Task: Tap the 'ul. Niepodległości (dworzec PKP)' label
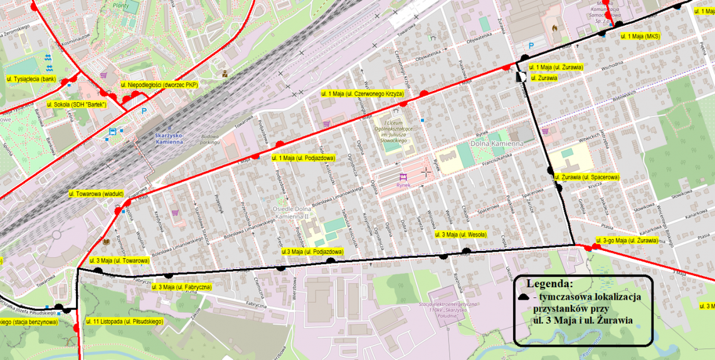coord(159,85)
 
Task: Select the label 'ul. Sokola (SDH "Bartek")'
coord(77,104)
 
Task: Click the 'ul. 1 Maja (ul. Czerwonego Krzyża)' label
coord(363,93)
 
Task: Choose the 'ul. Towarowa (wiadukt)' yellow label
coord(96,194)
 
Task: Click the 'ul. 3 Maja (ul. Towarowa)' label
coord(120,260)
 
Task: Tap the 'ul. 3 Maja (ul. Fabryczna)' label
coord(182,287)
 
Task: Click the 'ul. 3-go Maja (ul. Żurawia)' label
coord(627,240)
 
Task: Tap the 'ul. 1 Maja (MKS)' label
coord(640,36)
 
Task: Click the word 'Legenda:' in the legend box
coord(549,283)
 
